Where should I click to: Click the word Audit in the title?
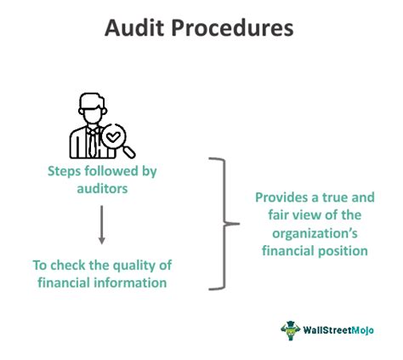pyautogui.click(x=136, y=28)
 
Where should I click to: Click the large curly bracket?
pyautogui.click(x=223, y=223)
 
